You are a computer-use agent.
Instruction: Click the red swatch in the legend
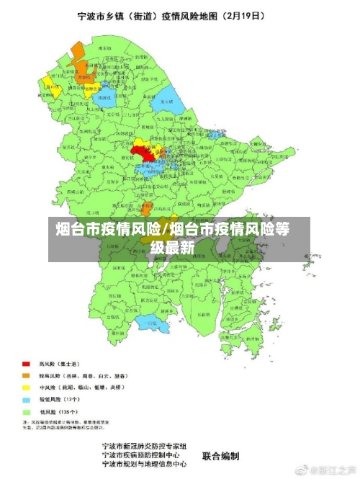click(x=27, y=364)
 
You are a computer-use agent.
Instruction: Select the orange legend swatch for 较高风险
click(x=27, y=375)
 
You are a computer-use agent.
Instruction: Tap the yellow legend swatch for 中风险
click(x=27, y=387)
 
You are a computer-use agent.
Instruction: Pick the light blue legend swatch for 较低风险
click(x=27, y=398)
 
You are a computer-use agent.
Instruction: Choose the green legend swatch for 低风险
click(x=27, y=410)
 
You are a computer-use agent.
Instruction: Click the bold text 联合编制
click(x=220, y=456)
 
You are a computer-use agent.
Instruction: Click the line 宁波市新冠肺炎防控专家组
click(x=145, y=447)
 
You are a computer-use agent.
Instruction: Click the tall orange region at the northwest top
click(x=74, y=54)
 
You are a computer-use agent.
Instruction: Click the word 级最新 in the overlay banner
click(x=173, y=248)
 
